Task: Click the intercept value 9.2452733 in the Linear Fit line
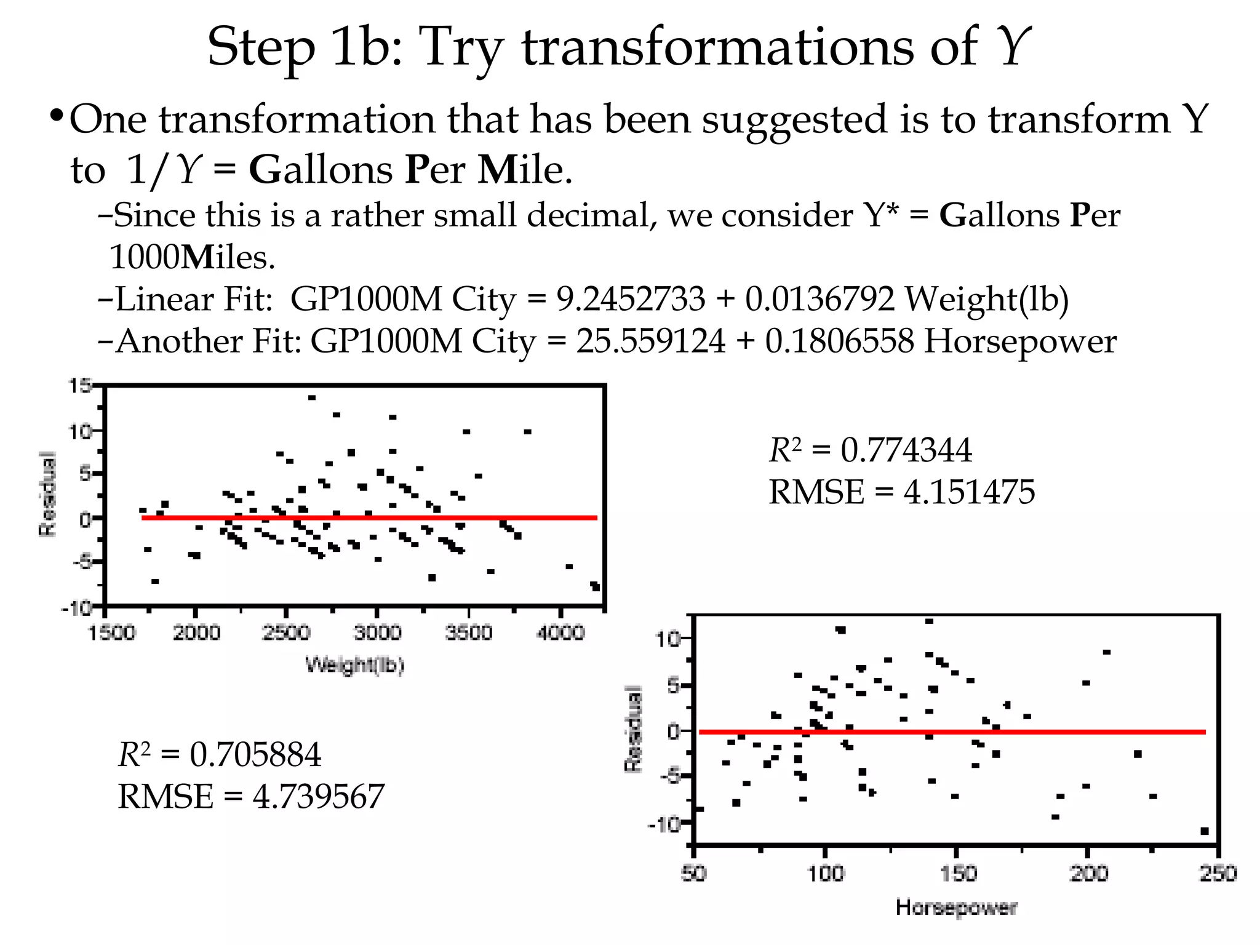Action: pyautogui.click(x=631, y=300)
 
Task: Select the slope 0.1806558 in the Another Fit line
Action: pyautogui.click(x=839, y=341)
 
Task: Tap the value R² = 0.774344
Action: pyautogui.click(x=870, y=450)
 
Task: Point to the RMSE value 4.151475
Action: pyautogui.click(x=969, y=492)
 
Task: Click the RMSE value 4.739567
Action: pyautogui.click(x=318, y=797)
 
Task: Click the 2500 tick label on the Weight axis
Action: pyautogui.click(x=286, y=632)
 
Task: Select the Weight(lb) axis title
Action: pyautogui.click(x=355, y=665)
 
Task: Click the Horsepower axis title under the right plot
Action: pyautogui.click(x=956, y=907)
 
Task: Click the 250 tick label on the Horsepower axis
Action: pyautogui.click(x=1218, y=873)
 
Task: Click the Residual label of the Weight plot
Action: pyautogui.click(x=47, y=494)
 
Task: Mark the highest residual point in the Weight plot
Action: pyautogui.click(x=312, y=398)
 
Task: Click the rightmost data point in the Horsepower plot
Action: pyautogui.click(x=1205, y=831)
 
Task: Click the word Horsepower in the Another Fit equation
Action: pyautogui.click(x=1020, y=341)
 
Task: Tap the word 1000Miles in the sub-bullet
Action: pyautogui.click(x=191, y=257)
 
